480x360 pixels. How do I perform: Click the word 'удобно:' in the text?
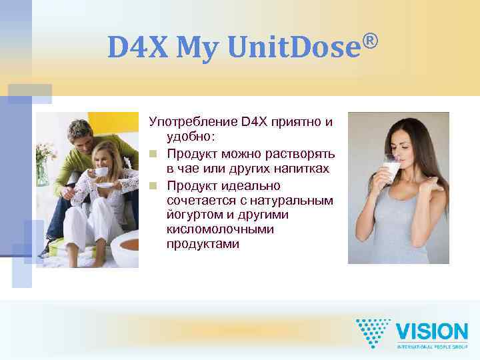tap(191, 137)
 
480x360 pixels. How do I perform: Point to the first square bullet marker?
tap(153, 155)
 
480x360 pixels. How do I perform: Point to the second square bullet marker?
tap(153, 185)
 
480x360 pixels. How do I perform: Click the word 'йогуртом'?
tap(193, 214)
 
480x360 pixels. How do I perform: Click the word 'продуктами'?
tap(203, 244)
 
